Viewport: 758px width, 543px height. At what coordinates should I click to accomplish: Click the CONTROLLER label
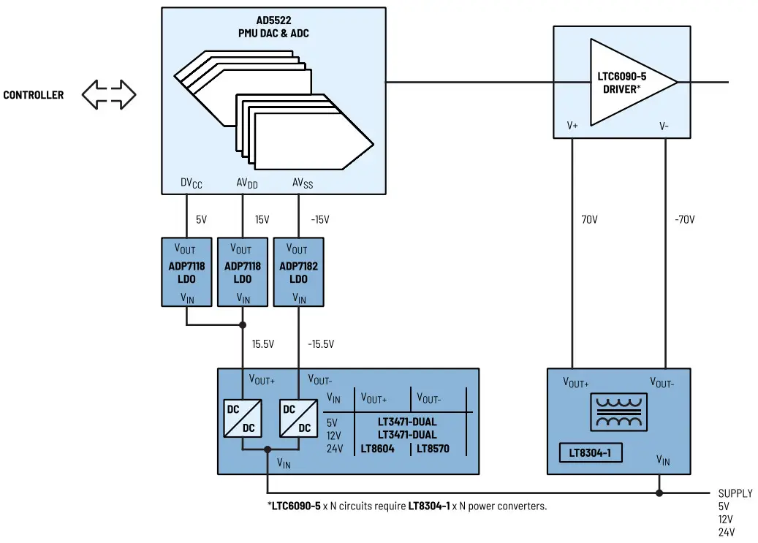[34, 95]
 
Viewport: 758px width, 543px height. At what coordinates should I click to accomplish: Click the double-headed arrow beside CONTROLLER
[109, 94]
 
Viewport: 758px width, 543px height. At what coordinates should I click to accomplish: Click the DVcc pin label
[191, 183]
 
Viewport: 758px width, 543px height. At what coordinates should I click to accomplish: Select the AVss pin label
[302, 183]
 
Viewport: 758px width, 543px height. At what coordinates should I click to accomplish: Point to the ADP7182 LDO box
[298, 272]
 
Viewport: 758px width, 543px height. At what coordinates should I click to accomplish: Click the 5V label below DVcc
[202, 219]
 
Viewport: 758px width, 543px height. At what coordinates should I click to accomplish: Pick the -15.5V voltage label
[320, 343]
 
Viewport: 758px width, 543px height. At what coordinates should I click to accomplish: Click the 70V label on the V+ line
[590, 219]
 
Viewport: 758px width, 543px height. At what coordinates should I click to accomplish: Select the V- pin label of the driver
[664, 125]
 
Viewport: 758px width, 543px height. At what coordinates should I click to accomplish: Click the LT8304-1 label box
[590, 453]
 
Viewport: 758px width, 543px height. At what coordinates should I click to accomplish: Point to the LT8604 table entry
[377, 448]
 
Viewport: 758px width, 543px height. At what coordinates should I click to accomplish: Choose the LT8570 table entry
[433, 448]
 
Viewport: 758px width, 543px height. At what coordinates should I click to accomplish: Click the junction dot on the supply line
[659, 493]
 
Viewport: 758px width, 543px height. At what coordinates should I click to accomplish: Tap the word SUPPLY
[735, 493]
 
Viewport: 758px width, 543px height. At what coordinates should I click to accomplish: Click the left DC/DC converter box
[240, 419]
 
